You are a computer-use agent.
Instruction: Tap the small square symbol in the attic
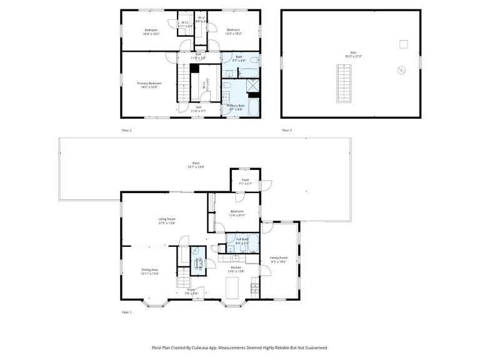coord(404,44)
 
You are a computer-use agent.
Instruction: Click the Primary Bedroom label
coord(149,83)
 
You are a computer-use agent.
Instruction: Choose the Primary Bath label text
coord(236,106)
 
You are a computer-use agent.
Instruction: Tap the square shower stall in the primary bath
coord(253,86)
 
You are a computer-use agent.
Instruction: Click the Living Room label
coord(166,219)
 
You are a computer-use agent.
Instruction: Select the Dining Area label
coord(149,269)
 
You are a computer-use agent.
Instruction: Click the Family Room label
coord(279,257)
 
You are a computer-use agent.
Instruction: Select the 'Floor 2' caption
coord(126,130)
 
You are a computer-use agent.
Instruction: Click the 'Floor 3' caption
coord(287,130)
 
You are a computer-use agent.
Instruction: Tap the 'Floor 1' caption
coord(126,311)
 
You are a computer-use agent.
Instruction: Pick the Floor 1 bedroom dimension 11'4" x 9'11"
coord(237,215)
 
